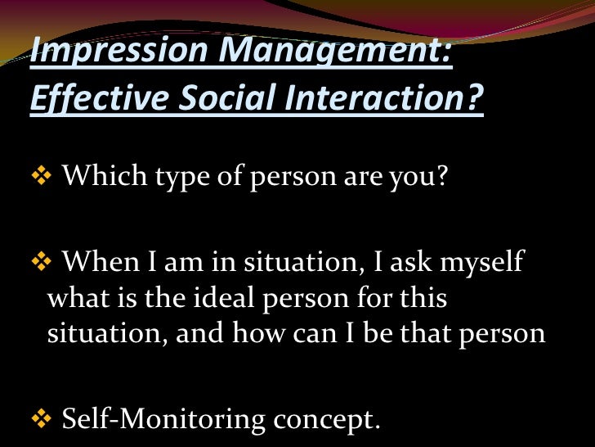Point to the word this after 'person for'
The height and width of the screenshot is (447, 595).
(x=423, y=299)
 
